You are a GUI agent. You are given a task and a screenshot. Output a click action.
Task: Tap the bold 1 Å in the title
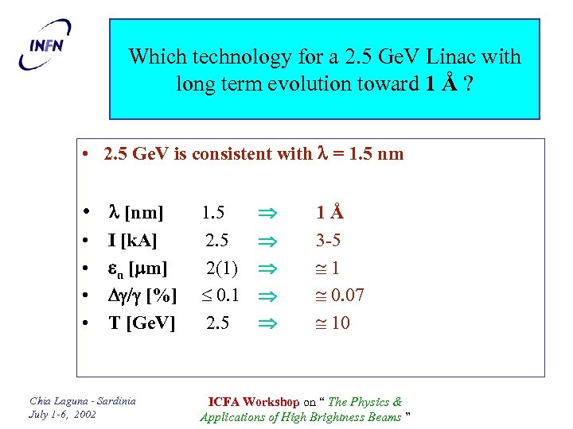[441, 83]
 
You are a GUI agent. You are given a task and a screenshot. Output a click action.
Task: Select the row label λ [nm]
[135, 213]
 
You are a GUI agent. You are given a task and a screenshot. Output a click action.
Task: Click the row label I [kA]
[132, 240]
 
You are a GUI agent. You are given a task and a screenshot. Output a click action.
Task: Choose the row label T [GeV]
[141, 323]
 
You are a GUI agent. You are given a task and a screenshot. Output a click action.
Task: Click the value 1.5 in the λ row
[212, 213]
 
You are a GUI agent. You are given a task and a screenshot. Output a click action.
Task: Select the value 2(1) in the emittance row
[220, 268]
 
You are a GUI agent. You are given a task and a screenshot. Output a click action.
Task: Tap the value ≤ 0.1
[219, 296]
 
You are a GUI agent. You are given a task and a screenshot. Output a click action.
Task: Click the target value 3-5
[328, 240]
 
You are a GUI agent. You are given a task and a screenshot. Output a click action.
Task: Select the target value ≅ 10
[329, 323]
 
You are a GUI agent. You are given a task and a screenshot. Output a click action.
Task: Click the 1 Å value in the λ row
[329, 213]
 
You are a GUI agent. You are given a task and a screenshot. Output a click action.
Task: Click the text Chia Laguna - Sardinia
[83, 400]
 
